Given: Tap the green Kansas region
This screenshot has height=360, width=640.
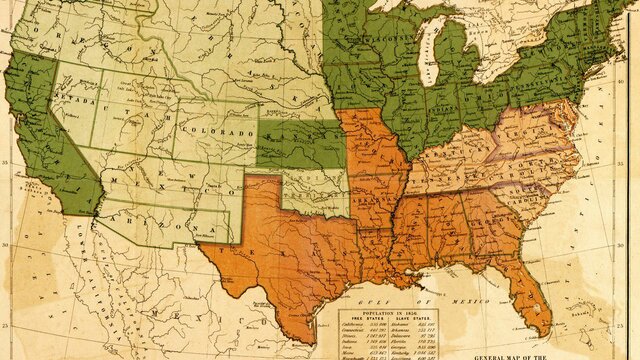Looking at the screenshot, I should [x=300, y=145].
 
